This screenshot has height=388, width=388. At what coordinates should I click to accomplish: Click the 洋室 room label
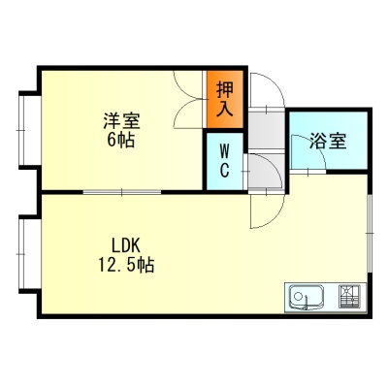(121, 121)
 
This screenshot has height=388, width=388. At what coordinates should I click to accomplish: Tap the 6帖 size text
(121, 140)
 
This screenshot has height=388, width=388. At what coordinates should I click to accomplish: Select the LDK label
(126, 245)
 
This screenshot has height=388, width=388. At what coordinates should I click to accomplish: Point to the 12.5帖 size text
(126, 265)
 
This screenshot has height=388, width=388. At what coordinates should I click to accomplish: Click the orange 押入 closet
(225, 99)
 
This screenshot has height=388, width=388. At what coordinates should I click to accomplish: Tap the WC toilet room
(224, 161)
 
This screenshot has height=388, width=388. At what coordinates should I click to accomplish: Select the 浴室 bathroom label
(328, 141)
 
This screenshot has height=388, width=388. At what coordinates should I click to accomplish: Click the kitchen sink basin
(306, 297)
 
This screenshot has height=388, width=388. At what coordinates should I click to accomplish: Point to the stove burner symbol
(349, 297)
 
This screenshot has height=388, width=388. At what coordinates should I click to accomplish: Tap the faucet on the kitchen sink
(305, 303)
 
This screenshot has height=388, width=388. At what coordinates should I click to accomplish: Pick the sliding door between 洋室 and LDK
(122, 192)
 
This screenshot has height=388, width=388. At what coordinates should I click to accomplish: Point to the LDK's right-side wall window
(371, 233)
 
